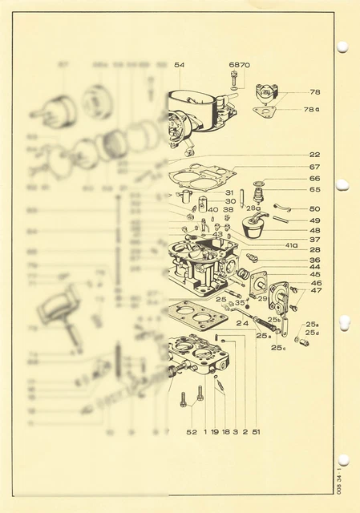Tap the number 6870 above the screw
[239, 64]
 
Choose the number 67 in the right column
[314, 167]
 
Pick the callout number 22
[314, 154]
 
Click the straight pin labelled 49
[281, 218]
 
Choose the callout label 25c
[278, 348]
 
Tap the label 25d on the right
[312, 333]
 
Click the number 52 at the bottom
[192, 432]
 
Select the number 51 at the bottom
[255, 432]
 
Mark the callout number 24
[241, 323]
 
